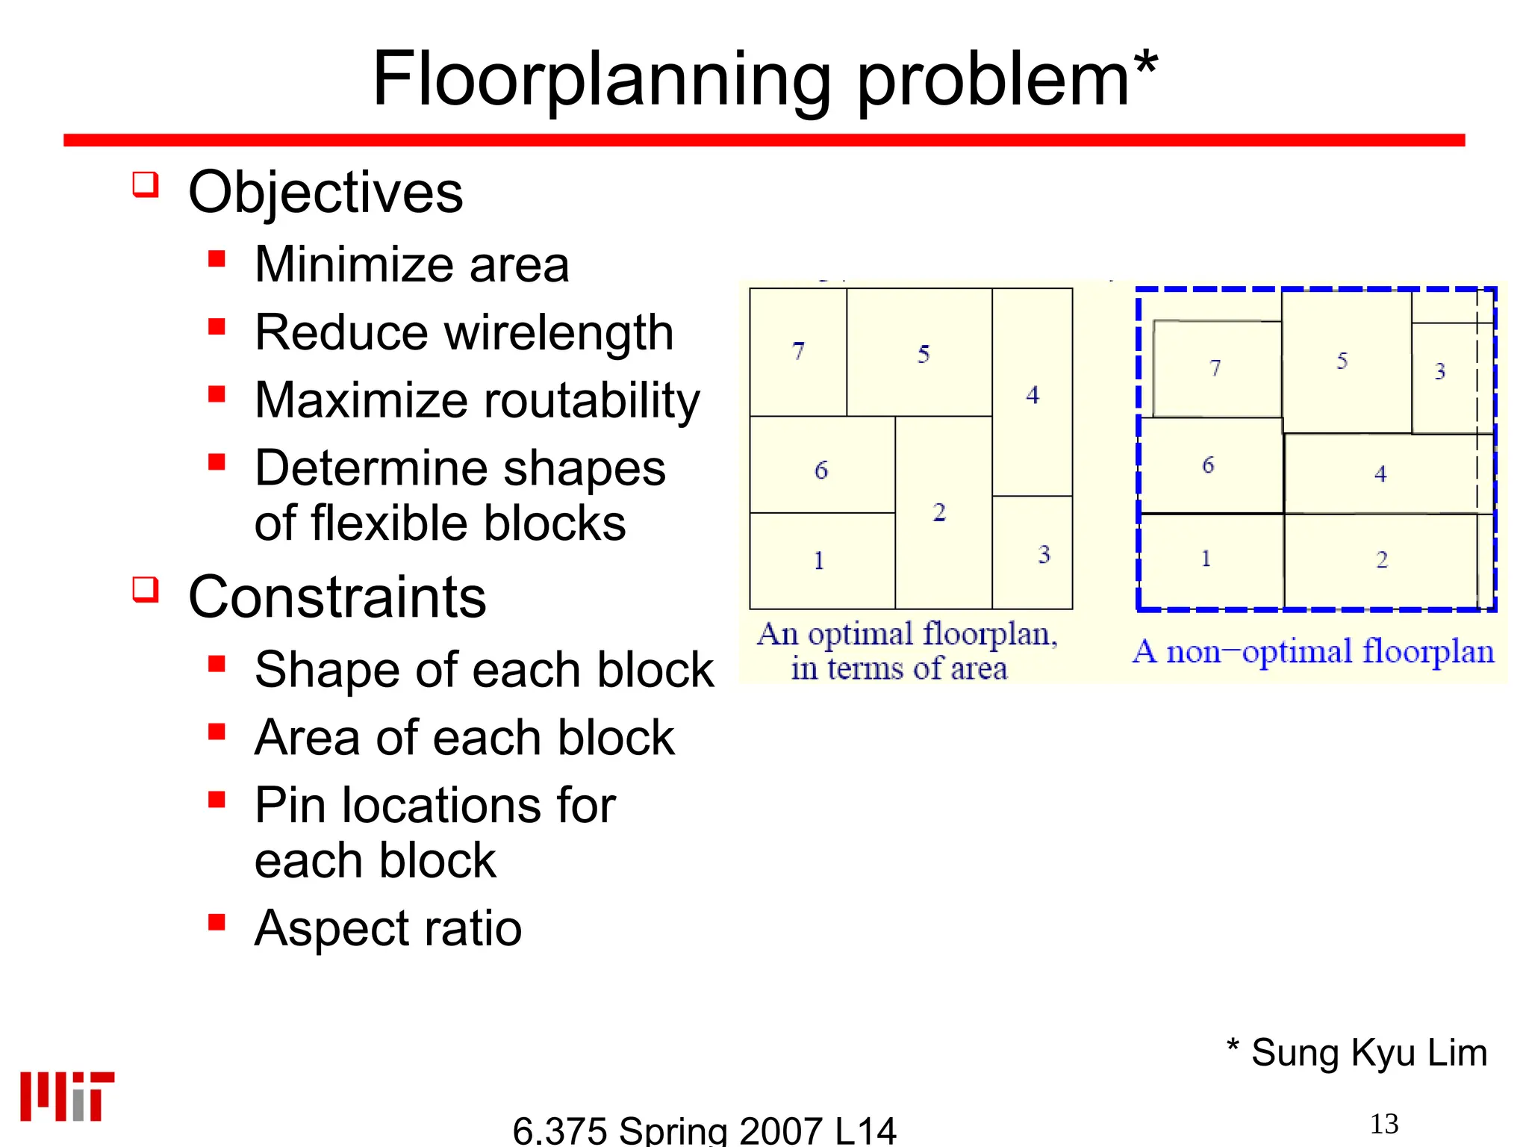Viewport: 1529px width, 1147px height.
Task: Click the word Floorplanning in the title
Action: click(x=601, y=81)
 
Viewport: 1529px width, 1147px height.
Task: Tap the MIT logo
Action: click(x=67, y=1096)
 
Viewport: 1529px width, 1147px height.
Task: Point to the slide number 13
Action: click(x=1383, y=1124)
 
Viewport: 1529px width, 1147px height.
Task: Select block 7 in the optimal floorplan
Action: click(x=798, y=352)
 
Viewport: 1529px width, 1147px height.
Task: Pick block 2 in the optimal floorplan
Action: click(x=942, y=512)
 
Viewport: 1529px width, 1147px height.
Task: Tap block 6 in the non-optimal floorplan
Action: click(x=1209, y=465)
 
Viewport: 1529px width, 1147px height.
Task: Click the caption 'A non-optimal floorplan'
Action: click(x=1313, y=652)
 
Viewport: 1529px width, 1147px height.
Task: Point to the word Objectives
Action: click(x=326, y=193)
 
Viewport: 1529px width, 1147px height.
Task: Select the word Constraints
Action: click(x=337, y=597)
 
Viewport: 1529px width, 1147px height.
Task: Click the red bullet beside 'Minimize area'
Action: click(x=217, y=259)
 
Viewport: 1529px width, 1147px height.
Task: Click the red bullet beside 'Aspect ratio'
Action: click(x=217, y=923)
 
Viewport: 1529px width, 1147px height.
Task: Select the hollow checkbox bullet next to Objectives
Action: click(x=146, y=184)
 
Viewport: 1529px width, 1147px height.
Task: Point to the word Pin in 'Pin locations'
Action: click(x=292, y=806)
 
